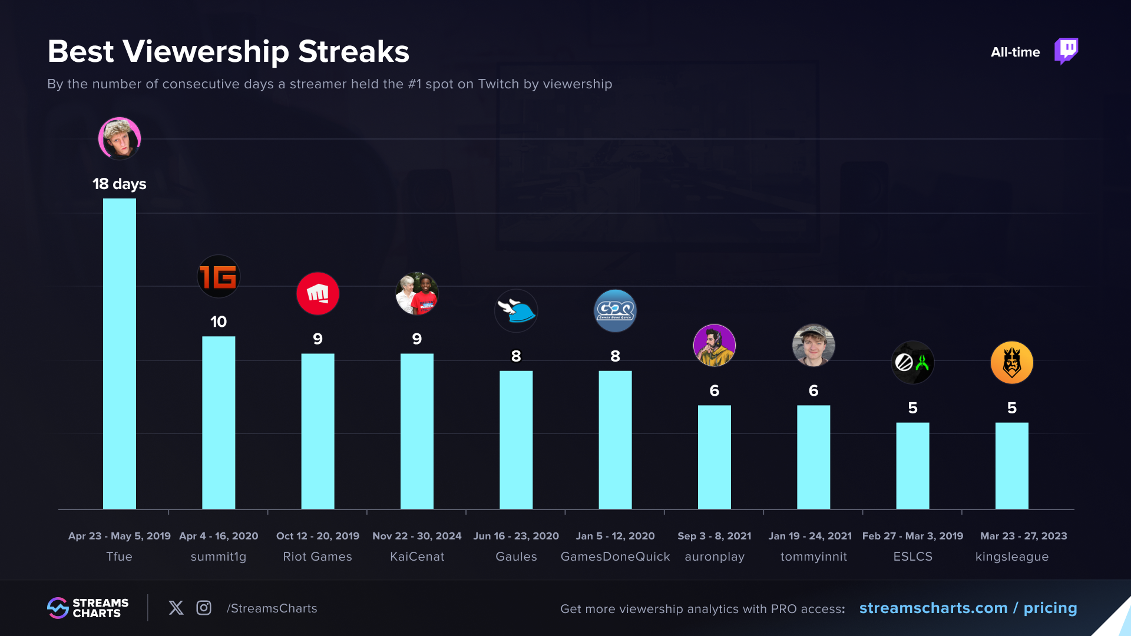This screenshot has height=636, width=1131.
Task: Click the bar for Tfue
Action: (x=120, y=353)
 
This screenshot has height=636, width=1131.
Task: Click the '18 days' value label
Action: (x=120, y=184)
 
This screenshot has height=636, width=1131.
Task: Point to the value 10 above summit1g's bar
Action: (x=219, y=322)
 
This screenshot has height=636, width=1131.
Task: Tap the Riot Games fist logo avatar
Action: (x=318, y=293)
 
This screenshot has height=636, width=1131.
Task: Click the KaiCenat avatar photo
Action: (x=417, y=293)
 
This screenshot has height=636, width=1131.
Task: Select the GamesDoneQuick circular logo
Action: (x=615, y=310)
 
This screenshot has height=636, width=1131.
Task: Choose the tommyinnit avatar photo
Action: (x=813, y=345)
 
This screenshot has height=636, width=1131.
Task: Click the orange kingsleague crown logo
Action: (x=1012, y=362)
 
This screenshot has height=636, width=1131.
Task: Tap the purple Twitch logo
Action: (x=1066, y=51)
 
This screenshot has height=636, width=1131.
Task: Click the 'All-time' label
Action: (x=1015, y=52)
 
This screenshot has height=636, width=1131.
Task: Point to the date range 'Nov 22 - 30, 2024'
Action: (x=417, y=536)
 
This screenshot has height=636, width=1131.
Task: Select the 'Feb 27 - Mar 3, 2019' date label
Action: (x=912, y=536)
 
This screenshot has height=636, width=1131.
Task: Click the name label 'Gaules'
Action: (x=516, y=556)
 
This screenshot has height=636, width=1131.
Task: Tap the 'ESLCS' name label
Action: (x=912, y=556)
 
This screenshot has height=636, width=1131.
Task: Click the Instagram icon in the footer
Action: (x=204, y=608)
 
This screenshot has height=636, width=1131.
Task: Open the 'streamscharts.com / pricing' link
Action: (x=968, y=608)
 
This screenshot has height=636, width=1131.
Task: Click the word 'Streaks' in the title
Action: (x=353, y=52)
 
